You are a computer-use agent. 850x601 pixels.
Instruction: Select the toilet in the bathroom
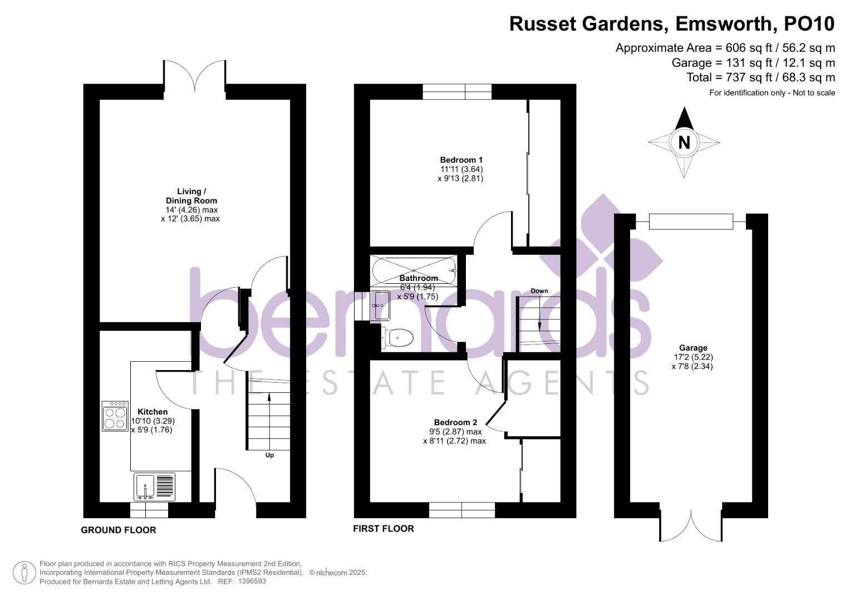(x=398, y=338)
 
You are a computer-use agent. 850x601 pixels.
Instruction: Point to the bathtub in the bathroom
(x=414, y=270)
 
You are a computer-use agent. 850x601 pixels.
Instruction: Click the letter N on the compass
(x=684, y=142)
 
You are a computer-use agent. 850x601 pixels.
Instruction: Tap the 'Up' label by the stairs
(x=269, y=455)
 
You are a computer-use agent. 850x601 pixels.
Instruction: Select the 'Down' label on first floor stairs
(x=539, y=291)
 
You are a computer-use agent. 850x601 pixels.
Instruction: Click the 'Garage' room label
(x=692, y=348)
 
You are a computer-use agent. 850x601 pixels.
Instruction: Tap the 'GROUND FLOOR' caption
(x=119, y=530)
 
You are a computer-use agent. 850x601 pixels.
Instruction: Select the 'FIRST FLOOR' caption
(x=384, y=529)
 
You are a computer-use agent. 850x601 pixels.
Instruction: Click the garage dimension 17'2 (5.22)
(x=692, y=357)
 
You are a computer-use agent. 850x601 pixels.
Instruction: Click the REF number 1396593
(x=252, y=582)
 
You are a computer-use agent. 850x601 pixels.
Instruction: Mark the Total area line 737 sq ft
(x=760, y=77)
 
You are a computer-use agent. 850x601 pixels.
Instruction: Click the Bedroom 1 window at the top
(x=457, y=91)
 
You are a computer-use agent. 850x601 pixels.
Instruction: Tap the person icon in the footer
(x=24, y=573)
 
